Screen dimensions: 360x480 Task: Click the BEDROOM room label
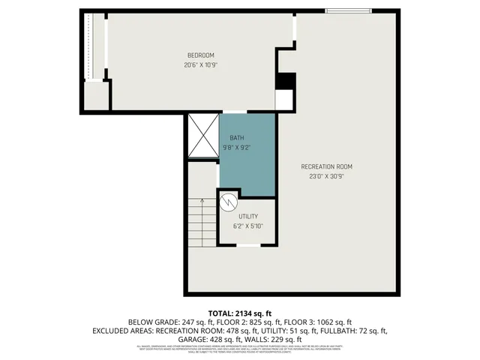point(201,55)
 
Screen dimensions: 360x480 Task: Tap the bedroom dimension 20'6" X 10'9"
point(201,64)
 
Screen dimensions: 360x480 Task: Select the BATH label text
point(237,138)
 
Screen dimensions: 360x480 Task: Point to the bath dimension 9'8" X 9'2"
point(237,147)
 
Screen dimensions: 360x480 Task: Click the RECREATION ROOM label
point(326,166)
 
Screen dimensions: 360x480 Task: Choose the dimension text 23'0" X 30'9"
point(326,176)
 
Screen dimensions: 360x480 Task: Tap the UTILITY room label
point(248,216)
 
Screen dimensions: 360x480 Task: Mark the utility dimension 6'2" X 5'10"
point(248,226)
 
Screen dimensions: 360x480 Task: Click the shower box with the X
point(202,135)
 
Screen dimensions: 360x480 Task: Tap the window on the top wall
point(347,11)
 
